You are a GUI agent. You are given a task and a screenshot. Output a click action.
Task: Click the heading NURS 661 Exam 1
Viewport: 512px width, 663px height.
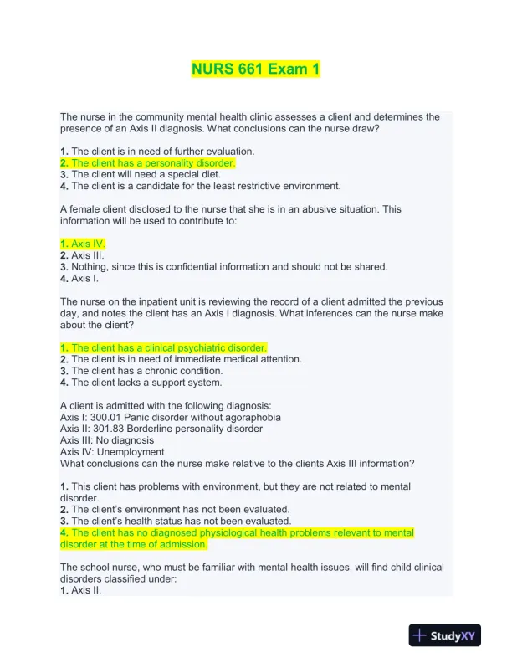pyautogui.click(x=255, y=69)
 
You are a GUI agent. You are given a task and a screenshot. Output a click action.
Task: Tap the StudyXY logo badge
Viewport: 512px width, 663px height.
pyautogui.click(x=445, y=636)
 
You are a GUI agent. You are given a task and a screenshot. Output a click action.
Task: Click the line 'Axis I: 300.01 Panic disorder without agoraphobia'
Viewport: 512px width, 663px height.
pyautogui.click(x=171, y=417)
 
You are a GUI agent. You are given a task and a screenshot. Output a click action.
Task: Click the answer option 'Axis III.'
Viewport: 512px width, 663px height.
pyautogui.click(x=86, y=254)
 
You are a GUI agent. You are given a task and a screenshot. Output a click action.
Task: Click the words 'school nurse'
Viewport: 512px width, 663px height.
pyautogui.click(x=105, y=567)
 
